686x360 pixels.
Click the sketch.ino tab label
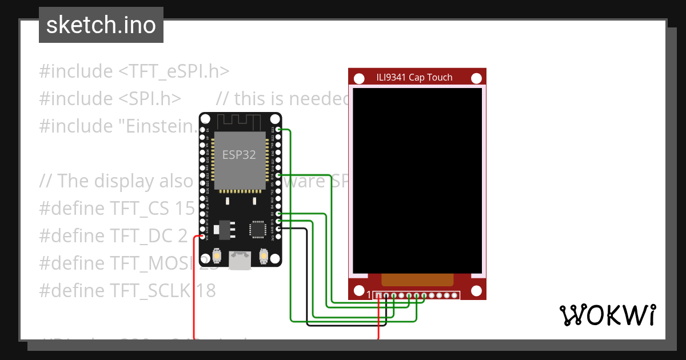point(101,25)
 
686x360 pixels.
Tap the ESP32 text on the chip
point(239,155)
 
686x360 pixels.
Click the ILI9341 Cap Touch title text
point(414,78)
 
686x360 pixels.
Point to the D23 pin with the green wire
point(278,130)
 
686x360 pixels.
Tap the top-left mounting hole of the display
point(359,78)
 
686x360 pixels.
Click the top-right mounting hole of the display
point(476,78)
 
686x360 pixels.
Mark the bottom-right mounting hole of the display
point(476,290)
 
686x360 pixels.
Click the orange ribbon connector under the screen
point(417,279)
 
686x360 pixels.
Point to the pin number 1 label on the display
point(369,295)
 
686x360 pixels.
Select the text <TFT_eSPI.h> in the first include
point(174,71)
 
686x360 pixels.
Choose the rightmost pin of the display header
point(455,295)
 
